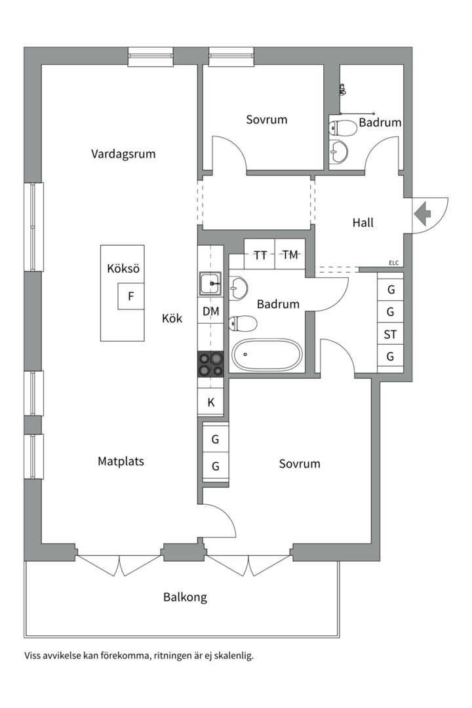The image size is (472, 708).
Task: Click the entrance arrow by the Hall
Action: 422,214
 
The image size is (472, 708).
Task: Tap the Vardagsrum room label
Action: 123,154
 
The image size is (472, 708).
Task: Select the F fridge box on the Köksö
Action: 131,296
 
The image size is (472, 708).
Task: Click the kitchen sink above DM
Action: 211,285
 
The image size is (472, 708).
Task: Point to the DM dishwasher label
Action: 211,311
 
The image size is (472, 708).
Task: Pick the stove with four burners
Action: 211,364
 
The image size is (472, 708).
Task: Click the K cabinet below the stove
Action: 211,403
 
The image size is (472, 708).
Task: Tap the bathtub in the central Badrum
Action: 266,355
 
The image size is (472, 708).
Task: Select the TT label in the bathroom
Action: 260,256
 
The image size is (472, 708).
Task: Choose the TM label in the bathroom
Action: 290,255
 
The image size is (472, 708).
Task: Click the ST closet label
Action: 391,334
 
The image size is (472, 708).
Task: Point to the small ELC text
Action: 393,263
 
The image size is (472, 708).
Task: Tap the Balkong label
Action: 185,597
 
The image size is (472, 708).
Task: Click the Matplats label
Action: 121,461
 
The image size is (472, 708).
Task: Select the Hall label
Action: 363,223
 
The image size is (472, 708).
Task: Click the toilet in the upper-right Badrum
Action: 342,128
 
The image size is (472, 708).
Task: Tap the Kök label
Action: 172,319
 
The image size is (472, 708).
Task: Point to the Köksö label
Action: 123,269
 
